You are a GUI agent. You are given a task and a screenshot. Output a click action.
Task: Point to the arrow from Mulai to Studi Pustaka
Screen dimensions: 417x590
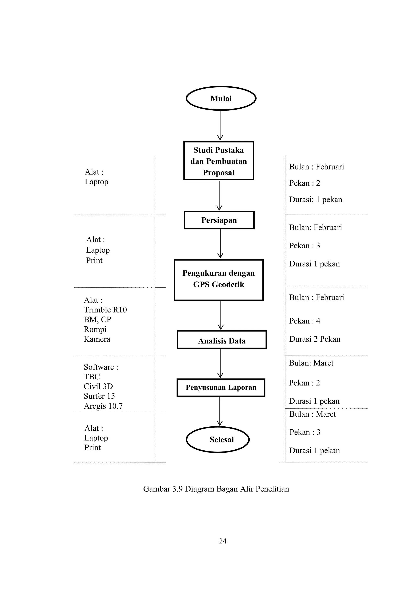pos(220,126)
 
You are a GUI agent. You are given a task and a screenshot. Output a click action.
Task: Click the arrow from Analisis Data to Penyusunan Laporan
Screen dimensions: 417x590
pos(220,364)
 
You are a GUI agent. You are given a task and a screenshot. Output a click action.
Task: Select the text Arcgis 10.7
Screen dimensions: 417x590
pos(103,406)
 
